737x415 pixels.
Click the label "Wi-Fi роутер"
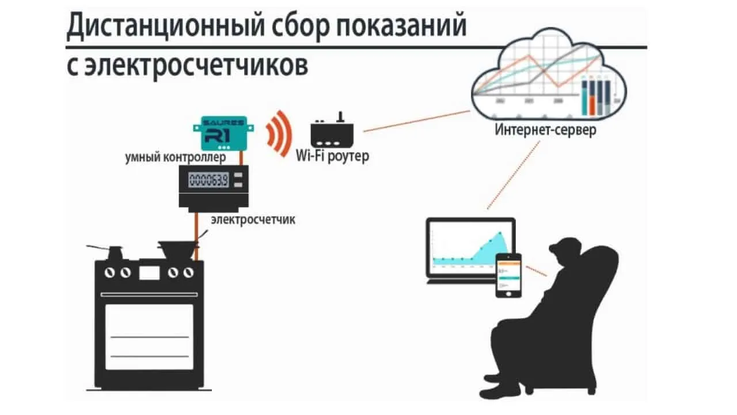coord(332,156)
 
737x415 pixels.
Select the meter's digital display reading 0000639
coord(209,180)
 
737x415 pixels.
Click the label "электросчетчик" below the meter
coord(253,220)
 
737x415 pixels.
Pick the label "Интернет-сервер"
coord(545,130)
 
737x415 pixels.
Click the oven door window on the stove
coord(149,337)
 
